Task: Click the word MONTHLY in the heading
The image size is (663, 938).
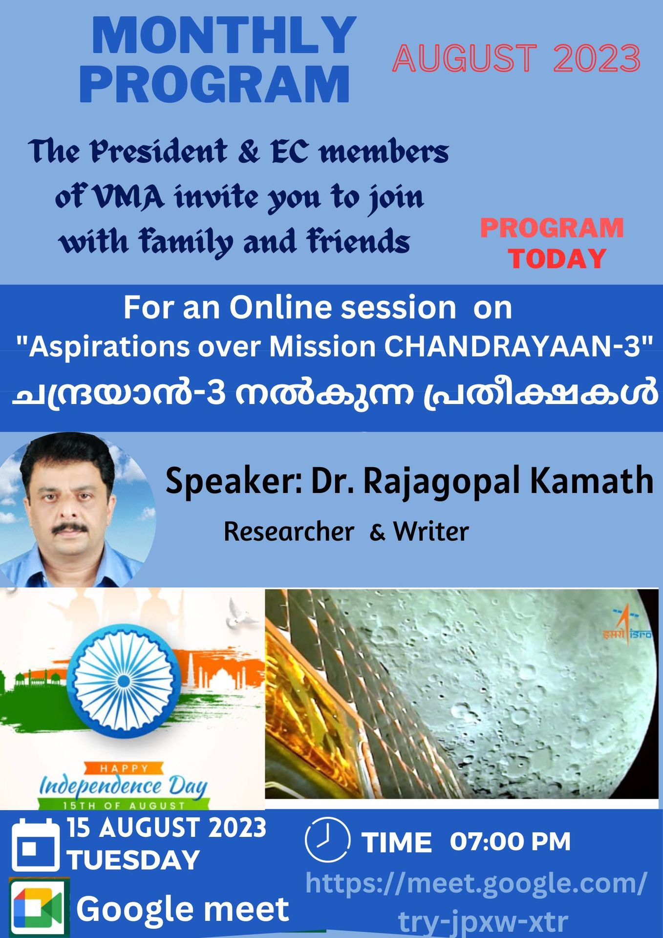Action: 224,35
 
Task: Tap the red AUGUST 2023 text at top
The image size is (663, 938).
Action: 516,59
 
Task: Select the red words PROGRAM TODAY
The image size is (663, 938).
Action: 552,243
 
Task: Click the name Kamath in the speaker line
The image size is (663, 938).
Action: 592,481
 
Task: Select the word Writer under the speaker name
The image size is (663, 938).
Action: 431,532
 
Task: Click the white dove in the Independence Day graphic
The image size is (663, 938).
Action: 241,618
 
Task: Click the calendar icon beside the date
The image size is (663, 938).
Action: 35,845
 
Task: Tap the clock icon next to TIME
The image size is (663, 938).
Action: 327,840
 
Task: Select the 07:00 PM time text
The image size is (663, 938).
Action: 510,841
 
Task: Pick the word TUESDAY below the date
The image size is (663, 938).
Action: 133,860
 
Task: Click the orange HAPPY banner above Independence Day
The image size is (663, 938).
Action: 123,768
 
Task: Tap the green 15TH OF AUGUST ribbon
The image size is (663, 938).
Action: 124,805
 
